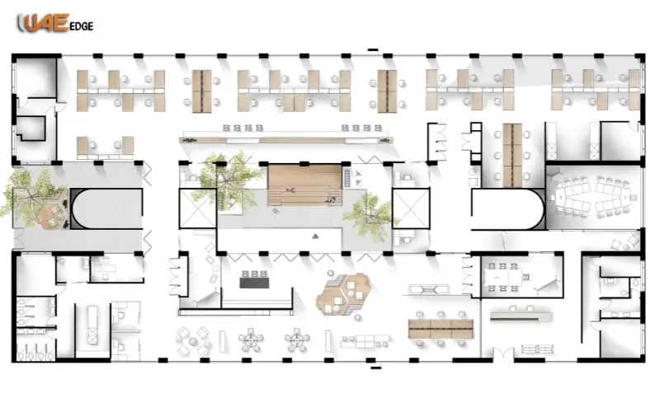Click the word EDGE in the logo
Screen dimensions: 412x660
click(x=82, y=26)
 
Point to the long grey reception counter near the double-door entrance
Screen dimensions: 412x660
click(x=521, y=315)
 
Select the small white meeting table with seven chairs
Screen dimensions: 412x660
click(x=504, y=277)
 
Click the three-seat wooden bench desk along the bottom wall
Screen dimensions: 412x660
click(x=440, y=328)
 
